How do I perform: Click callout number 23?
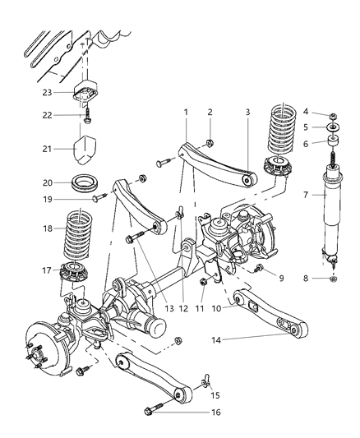click(x=48, y=93)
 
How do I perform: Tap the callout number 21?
click(x=48, y=148)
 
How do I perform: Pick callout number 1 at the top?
click(x=186, y=113)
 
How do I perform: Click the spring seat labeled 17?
click(x=82, y=271)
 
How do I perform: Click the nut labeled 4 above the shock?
click(x=332, y=115)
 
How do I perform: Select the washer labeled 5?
click(x=332, y=128)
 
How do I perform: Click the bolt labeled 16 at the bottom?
click(x=175, y=405)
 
